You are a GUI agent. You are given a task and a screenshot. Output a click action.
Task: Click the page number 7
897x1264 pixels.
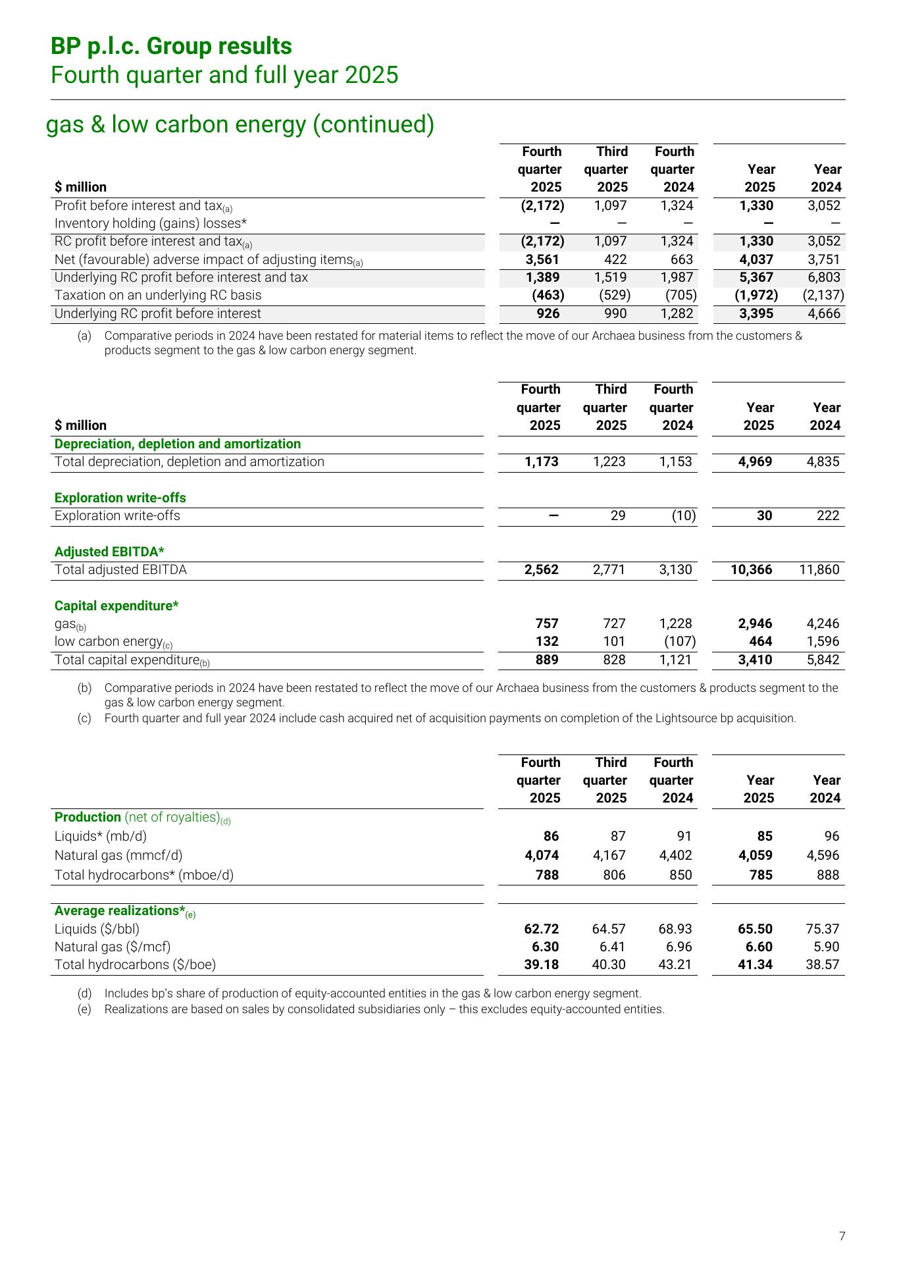(x=842, y=1236)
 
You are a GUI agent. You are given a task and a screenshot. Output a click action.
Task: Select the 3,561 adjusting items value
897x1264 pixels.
(x=543, y=259)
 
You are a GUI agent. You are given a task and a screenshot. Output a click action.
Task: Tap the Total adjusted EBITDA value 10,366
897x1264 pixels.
(x=751, y=569)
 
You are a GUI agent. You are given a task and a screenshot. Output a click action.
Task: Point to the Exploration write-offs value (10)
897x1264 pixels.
(x=683, y=515)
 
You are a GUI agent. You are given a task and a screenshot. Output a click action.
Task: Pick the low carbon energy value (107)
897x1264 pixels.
(x=680, y=641)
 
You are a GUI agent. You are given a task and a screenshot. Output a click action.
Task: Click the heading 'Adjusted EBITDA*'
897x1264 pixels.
(x=109, y=552)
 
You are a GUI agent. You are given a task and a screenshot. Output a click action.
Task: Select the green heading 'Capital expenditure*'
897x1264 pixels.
(x=116, y=606)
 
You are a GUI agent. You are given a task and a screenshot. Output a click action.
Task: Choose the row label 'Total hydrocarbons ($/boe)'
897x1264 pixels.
(x=135, y=964)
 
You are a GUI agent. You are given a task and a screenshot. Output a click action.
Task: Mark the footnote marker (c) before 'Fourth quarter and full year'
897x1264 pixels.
(x=84, y=718)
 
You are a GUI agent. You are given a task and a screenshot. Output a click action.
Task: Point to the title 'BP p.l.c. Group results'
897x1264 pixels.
(x=171, y=46)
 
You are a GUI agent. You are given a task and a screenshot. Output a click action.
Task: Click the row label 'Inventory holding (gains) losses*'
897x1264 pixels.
(x=150, y=223)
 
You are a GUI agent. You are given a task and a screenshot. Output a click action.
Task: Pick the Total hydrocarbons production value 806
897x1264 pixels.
(x=613, y=875)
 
